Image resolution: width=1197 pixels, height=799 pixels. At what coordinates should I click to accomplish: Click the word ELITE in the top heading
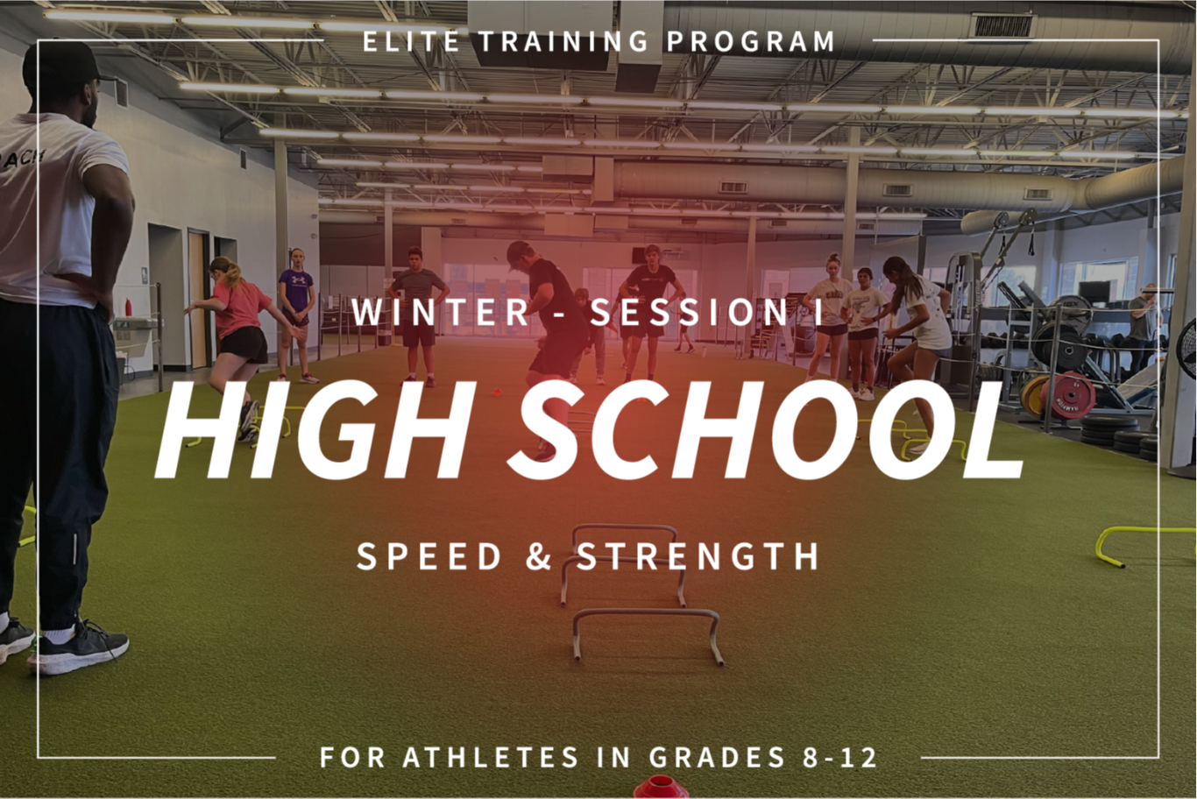pos(411,42)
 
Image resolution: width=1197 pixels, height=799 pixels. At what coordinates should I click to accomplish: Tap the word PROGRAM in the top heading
pos(750,42)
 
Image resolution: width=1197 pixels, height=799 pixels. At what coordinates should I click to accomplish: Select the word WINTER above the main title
pos(440,313)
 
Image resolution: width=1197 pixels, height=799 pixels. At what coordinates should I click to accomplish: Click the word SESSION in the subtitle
pos(690,313)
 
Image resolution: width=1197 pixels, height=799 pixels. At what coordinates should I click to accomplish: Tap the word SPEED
pos(429,556)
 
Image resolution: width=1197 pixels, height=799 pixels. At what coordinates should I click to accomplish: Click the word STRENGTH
pos(698,556)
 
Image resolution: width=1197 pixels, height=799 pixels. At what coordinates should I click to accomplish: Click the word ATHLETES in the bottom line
pos(490,757)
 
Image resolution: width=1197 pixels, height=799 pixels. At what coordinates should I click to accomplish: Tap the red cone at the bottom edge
pos(660,788)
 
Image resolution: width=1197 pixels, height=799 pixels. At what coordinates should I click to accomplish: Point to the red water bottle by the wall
pos(129,308)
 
